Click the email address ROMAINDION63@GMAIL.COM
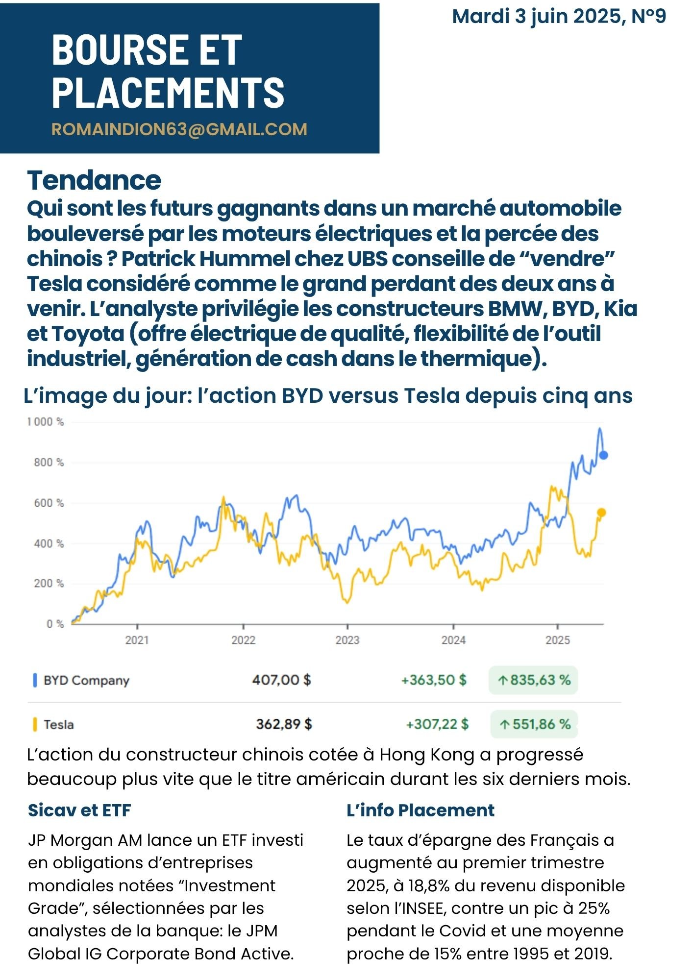179,129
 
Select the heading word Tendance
94,180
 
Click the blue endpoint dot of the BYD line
604,455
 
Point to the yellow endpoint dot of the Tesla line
601,513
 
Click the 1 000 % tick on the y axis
46,422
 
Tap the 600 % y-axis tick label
49,503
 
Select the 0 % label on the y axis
55,624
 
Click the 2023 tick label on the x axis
347,640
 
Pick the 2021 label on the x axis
137,640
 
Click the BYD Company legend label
86,681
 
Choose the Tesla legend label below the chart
59,724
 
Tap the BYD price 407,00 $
281,680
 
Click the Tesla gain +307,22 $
437,724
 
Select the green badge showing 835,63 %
533,680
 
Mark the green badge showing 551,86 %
534,724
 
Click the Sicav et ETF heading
79,810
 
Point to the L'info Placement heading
421,810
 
